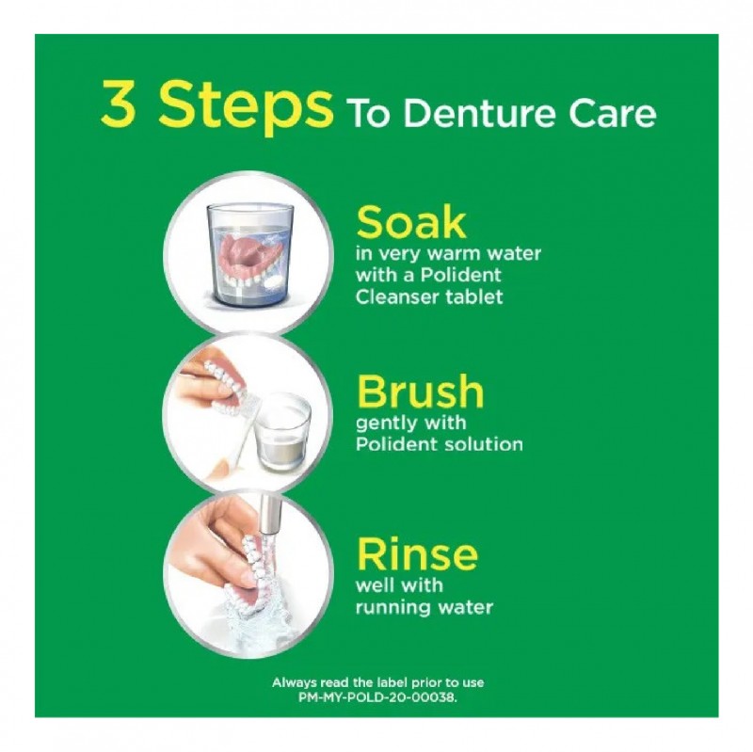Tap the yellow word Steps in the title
click(x=246, y=106)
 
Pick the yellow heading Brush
click(x=420, y=392)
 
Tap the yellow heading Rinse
click(x=416, y=555)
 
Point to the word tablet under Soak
click(x=473, y=297)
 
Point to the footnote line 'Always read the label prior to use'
click(x=378, y=682)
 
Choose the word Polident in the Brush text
click(x=393, y=444)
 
